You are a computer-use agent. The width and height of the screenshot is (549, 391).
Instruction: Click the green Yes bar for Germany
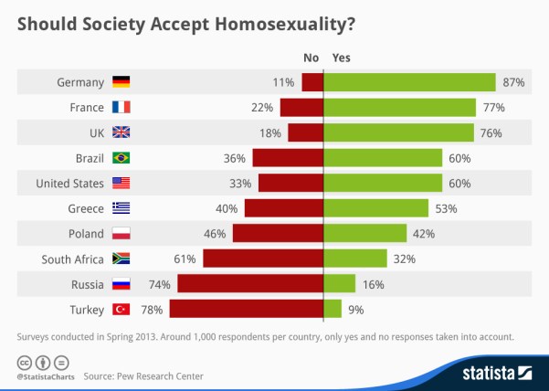(x=410, y=82)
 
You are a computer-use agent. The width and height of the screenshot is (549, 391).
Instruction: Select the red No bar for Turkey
(x=247, y=309)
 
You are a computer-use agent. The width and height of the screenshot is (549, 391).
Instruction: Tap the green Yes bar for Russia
(x=340, y=284)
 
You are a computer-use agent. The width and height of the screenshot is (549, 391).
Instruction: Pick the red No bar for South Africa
(x=263, y=259)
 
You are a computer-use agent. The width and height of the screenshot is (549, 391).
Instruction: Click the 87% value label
(x=512, y=82)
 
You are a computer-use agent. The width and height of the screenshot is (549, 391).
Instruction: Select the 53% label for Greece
(x=445, y=208)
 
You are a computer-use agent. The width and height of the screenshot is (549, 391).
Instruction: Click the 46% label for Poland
(x=215, y=234)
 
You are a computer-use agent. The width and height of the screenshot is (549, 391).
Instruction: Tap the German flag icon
(x=121, y=82)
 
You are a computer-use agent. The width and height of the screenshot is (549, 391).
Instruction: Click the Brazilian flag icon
(x=121, y=158)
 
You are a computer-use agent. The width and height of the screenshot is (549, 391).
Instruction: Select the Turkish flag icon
(x=121, y=309)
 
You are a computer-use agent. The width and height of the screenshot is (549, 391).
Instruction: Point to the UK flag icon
(x=121, y=132)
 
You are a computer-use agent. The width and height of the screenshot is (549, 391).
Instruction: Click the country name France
(x=86, y=107)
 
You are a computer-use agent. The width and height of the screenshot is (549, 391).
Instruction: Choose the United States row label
(x=70, y=183)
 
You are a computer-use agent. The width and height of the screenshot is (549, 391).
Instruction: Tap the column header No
(x=311, y=58)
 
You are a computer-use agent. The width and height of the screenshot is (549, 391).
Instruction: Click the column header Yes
(x=341, y=58)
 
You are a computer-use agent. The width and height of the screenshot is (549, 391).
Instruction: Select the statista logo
(x=493, y=372)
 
